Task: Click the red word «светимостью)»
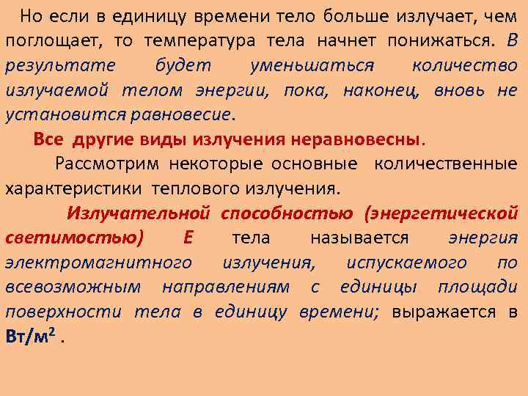[x=75, y=238]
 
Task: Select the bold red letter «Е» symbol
[x=188, y=238]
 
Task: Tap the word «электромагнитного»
[x=99, y=263]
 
